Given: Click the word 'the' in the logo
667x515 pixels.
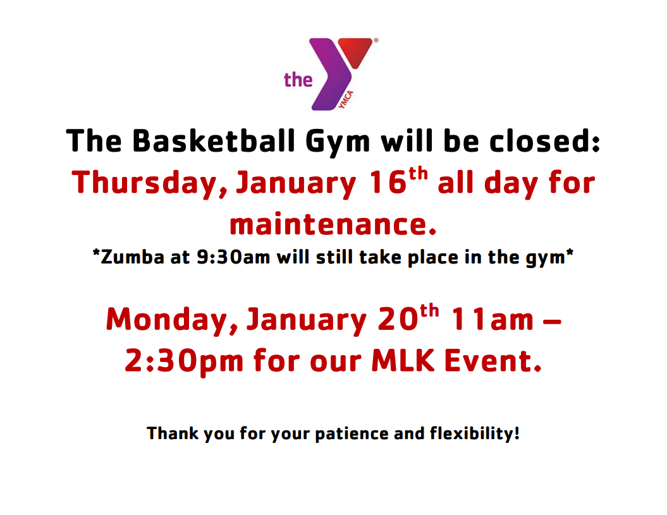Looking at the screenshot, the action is (x=298, y=80).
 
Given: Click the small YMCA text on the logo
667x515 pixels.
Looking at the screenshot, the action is (x=346, y=100).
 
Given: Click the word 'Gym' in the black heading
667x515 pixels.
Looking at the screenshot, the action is (x=338, y=143).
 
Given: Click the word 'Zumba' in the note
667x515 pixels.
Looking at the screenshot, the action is (x=132, y=257).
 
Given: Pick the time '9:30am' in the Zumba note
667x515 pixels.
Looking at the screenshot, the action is (x=233, y=257).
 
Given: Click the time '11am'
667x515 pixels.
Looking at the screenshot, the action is (x=492, y=319).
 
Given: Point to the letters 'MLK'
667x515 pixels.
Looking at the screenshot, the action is (x=403, y=360).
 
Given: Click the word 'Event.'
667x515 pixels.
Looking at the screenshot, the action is (x=493, y=360).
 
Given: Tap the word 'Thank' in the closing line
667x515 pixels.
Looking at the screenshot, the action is (x=173, y=433).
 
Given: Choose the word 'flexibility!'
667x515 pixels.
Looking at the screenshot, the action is (x=475, y=434).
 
